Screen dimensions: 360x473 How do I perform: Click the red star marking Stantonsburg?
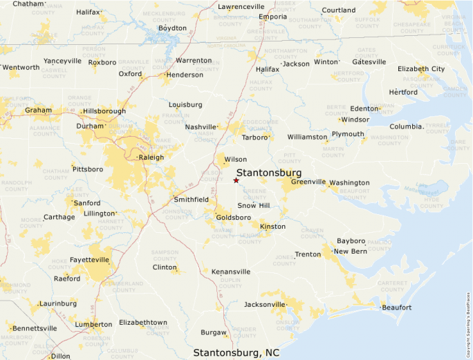coord(236,180)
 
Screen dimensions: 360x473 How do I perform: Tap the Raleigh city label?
coord(151,157)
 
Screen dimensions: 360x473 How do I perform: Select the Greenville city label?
coord(308,182)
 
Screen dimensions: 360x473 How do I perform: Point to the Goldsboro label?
coord(233,217)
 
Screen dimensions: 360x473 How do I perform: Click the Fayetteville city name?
coord(90,260)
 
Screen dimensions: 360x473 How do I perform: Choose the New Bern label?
coord(351,251)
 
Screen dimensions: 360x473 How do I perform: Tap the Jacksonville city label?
coord(265,304)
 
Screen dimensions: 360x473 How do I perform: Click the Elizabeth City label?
coord(421,69)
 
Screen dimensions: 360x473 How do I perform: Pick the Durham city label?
coord(90,126)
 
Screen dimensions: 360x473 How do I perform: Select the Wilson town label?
coord(235,160)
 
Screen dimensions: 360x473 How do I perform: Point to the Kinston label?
coord(272,227)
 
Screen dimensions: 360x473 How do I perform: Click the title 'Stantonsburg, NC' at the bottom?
coord(236,352)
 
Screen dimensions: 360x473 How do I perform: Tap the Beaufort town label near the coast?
coord(397,307)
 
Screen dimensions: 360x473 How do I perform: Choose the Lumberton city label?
coord(94,324)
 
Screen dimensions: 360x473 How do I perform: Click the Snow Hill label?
coord(254,205)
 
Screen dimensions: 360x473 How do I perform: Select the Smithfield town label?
coord(192,199)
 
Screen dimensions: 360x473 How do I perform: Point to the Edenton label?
coord(364,108)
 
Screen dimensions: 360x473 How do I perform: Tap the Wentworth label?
coord(21,67)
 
